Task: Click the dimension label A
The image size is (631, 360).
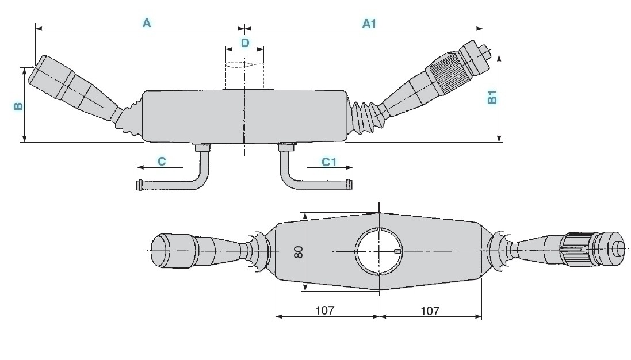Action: click(147, 23)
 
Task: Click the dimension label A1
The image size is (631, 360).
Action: click(369, 23)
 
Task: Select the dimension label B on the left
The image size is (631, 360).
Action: click(18, 106)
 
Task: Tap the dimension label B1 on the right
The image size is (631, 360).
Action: click(492, 98)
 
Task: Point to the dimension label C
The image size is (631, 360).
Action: click(162, 162)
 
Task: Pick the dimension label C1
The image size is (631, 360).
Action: click(328, 162)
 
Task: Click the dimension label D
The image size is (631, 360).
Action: click(244, 43)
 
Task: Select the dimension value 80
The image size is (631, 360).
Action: click(298, 252)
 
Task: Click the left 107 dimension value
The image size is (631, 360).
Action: click(325, 311)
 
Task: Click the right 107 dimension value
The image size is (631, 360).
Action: click(430, 311)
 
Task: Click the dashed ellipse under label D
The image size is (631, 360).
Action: click(244, 64)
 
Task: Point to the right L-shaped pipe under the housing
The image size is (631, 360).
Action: click(313, 181)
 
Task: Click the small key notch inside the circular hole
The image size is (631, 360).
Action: click(397, 251)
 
